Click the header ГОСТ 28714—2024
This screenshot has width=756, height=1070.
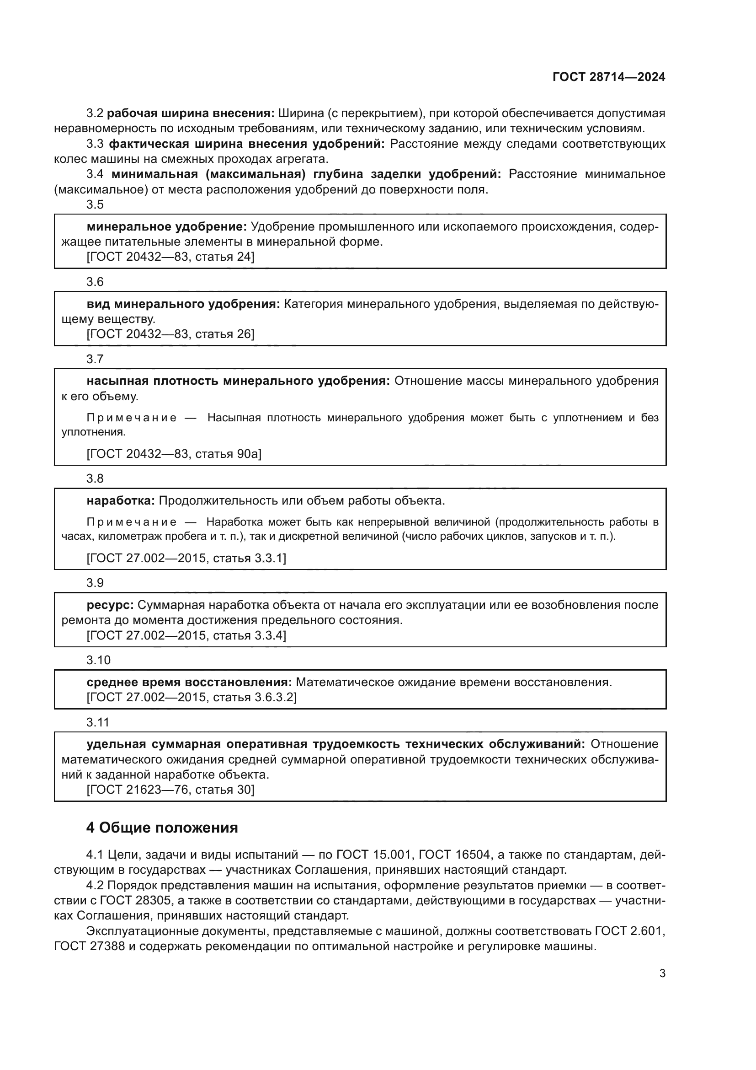(608, 77)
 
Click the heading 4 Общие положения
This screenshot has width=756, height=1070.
(161, 827)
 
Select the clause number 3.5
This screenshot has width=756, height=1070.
(95, 204)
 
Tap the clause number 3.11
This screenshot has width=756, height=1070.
(98, 722)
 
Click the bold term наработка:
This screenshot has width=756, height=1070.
(121, 500)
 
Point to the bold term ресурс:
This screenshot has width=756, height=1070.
(110, 605)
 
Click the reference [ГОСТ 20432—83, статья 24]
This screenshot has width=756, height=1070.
(170, 257)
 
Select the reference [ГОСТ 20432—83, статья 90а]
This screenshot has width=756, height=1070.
(174, 453)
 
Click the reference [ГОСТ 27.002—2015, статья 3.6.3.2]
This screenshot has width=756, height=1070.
(192, 697)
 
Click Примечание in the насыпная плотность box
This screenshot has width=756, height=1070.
(132, 418)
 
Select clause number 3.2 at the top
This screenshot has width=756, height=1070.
(95, 113)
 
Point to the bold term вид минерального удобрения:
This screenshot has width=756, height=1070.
(183, 304)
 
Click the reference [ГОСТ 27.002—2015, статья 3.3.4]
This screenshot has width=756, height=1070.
(186, 635)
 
